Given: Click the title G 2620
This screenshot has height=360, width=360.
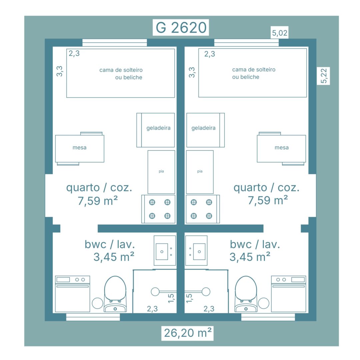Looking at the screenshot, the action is tap(181, 28).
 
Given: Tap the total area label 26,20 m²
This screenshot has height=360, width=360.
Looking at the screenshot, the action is tap(188, 333).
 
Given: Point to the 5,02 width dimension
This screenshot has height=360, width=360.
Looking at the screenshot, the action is tap(280, 33).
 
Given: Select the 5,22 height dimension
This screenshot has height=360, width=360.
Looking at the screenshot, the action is tap(323, 76).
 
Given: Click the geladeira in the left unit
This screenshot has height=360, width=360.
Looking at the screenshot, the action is tap(156, 130).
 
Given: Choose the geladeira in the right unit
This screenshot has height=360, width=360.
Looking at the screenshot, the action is tap(205, 130).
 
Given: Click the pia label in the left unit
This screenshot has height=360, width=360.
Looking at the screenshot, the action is tap(161, 171).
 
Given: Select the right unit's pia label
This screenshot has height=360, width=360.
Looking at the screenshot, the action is tap(200, 171).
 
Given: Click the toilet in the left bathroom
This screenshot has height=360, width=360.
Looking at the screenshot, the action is tap(115, 294).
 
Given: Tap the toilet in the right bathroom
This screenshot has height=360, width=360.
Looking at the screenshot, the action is tap(246, 294).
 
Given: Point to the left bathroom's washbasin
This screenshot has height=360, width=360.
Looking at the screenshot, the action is tap(165, 250).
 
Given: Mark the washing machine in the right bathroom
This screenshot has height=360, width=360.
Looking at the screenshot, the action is tap(289, 294).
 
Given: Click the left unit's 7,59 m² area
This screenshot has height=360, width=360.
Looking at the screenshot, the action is tap(98, 201).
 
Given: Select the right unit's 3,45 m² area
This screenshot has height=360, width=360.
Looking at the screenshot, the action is tap(250, 257).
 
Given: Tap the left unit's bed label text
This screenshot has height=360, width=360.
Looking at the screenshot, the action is tap(121, 74).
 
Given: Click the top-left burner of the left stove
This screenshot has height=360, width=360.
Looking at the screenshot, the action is tap(152, 202).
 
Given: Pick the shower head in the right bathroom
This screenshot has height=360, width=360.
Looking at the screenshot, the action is tap(206, 292).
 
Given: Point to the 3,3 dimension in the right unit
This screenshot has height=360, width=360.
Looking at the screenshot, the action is tap(192, 72).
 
